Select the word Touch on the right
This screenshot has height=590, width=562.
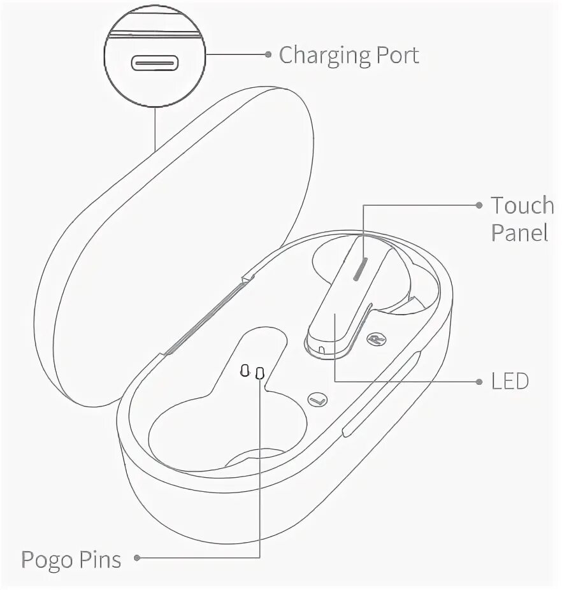point(522,205)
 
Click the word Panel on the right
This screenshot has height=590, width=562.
point(519,233)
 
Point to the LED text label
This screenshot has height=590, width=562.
point(510,382)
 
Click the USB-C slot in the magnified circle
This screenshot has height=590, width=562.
point(155,63)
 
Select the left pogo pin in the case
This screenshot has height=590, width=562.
point(245,371)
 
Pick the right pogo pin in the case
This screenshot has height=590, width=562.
point(259,373)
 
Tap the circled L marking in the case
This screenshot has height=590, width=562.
point(317,400)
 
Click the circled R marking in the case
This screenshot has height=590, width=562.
point(376,339)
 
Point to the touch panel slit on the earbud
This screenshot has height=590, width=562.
point(359,269)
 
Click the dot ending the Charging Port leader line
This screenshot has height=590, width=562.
point(268,55)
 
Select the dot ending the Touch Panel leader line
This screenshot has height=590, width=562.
point(479,205)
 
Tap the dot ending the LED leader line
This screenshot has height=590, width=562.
point(479,382)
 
